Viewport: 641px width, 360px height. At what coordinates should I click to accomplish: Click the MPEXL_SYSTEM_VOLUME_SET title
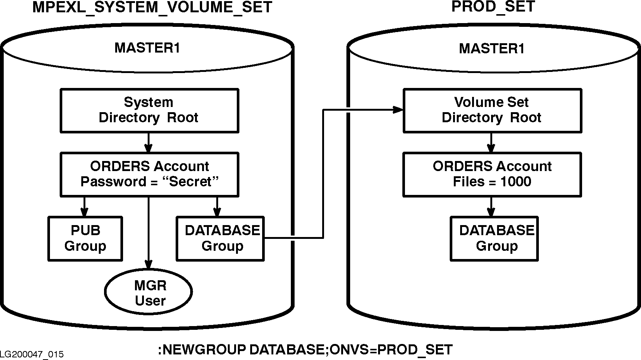152,7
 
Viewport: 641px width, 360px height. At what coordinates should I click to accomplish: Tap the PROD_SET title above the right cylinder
493,6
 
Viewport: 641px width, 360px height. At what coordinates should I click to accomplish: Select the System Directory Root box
149,110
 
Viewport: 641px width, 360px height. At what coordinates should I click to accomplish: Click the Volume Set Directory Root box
492,110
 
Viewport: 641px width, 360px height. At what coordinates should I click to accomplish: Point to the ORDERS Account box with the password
149,174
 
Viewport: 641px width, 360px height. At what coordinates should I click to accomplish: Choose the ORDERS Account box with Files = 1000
492,174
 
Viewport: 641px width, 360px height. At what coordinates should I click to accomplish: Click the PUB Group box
85,239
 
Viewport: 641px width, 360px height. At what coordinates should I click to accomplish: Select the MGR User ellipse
149,293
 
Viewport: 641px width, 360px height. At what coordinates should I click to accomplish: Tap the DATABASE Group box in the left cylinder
220,239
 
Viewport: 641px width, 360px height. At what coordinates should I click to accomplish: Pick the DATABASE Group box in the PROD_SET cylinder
494,239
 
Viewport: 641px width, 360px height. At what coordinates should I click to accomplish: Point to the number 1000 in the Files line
516,182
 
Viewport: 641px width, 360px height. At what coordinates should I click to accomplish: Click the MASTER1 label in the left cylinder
147,48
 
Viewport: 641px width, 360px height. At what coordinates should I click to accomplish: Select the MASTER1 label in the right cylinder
492,48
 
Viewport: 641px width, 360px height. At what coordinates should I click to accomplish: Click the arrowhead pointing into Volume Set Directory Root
399,110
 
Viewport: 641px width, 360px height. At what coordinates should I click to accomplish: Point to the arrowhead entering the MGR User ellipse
149,264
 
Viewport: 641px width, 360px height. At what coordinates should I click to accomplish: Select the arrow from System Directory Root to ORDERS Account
149,143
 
